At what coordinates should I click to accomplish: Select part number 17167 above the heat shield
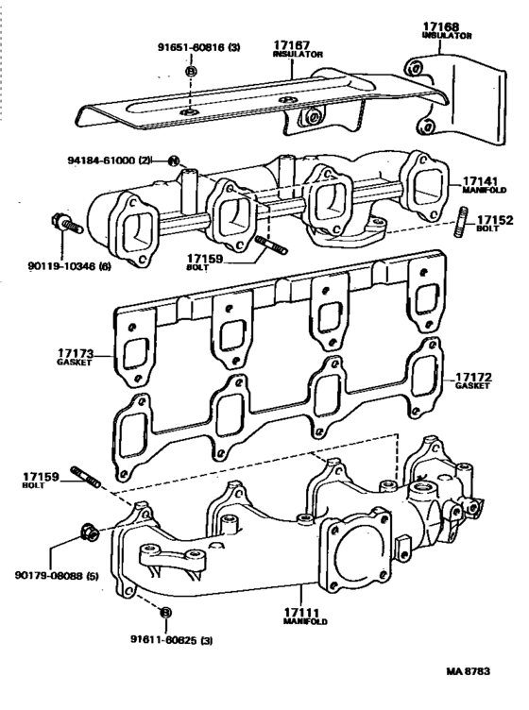tap(295, 44)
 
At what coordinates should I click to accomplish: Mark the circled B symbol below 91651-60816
tap(192, 71)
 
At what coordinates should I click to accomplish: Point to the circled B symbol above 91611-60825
tap(165, 612)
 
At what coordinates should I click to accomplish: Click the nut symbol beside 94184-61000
tap(174, 161)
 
